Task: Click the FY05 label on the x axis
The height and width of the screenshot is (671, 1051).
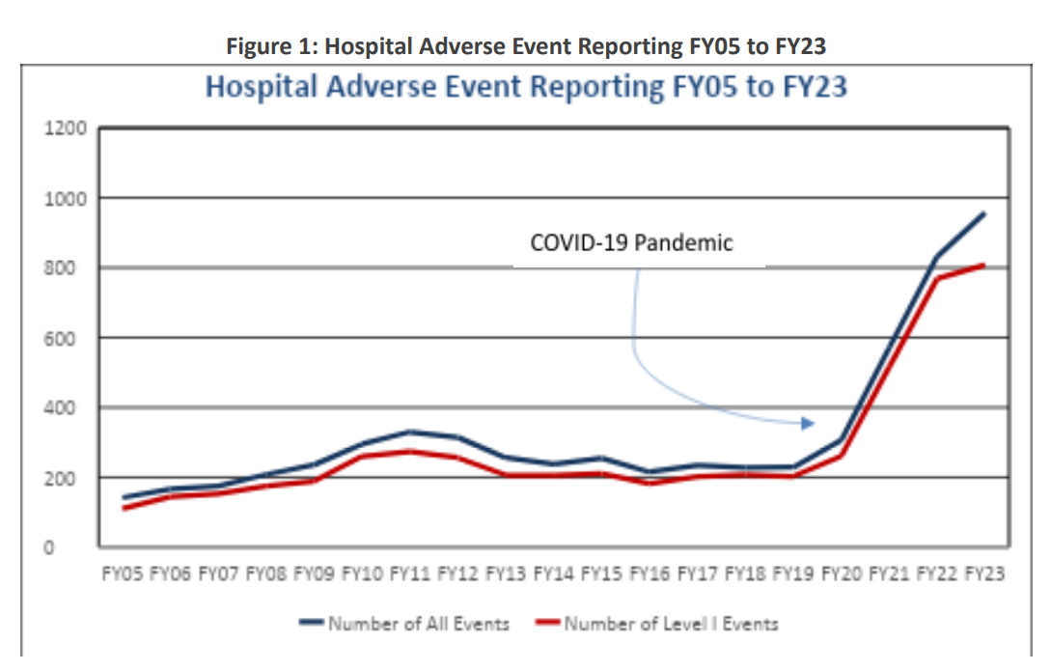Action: (x=122, y=574)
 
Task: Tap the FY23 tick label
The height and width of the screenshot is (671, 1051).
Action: (x=983, y=574)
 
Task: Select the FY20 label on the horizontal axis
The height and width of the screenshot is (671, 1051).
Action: (x=840, y=574)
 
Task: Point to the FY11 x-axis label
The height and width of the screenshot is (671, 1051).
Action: (x=409, y=574)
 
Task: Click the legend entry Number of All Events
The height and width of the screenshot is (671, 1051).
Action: (x=418, y=624)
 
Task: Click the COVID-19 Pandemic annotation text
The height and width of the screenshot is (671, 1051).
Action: (x=631, y=242)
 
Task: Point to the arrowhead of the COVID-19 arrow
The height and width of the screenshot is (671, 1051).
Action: (x=810, y=423)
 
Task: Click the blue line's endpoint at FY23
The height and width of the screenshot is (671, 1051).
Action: (x=983, y=213)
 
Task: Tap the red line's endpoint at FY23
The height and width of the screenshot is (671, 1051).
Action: (x=983, y=265)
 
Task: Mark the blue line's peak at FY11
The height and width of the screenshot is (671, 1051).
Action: (x=409, y=432)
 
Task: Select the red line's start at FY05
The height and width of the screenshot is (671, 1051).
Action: (x=124, y=508)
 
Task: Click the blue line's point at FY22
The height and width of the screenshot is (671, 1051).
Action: (x=936, y=257)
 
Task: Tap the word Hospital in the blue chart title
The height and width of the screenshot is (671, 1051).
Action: (x=263, y=87)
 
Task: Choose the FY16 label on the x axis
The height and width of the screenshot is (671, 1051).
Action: (x=649, y=574)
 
